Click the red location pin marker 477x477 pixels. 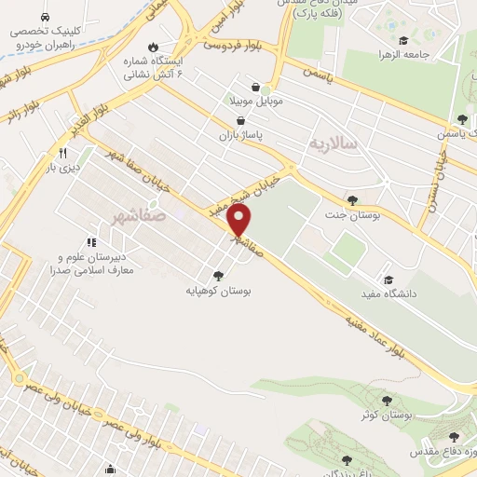pyautogui.click(x=239, y=220)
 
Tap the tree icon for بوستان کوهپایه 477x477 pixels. pyautogui.click(x=218, y=275)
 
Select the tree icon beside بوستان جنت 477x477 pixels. pyautogui.click(x=351, y=199)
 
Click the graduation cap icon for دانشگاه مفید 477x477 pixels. pyautogui.click(x=388, y=279)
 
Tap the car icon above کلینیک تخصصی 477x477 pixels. pyautogui.click(x=46, y=18)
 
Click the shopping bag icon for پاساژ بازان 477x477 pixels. pyautogui.click(x=241, y=120)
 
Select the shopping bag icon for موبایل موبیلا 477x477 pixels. pyautogui.click(x=242, y=94)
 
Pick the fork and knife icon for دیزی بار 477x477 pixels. pyautogui.click(x=62, y=152)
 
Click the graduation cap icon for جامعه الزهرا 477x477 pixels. pyautogui.click(x=403, y=41)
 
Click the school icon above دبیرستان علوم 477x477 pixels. pyautogui.click(x=91, y=242)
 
